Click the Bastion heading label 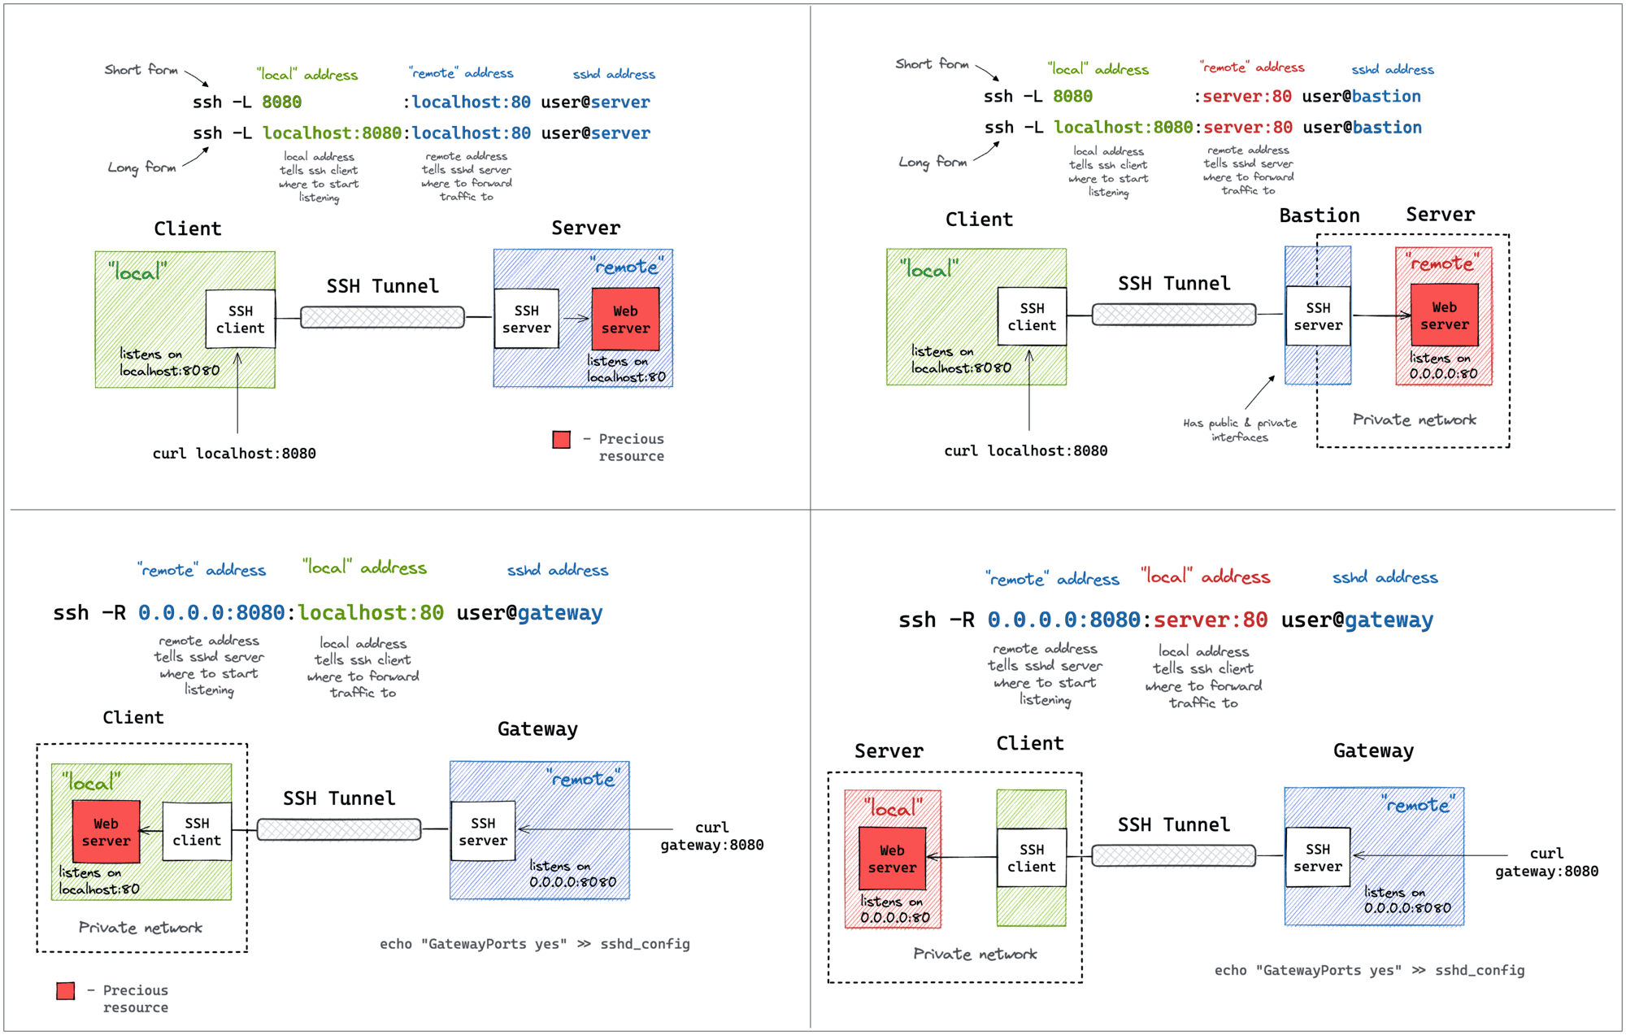click(1319, 215)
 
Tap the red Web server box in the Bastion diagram click(1444, 315)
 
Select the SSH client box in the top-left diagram click(240, 319)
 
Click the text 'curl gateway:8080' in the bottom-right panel click(1546, 862)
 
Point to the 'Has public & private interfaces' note click(1239, 429)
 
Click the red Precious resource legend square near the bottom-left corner click(66, 990)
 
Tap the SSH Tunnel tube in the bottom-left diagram click(339, 829)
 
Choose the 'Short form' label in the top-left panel click(141, 70)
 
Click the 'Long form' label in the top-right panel click(933, 162)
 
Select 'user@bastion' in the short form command click(1361, 97)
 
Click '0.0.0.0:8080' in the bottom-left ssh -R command click(211, 613)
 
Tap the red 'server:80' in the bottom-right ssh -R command click(1210, 620)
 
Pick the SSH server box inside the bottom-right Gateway click(1317, 857)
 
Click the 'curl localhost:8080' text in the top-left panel click(234, 454)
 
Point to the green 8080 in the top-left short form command click(281, 102)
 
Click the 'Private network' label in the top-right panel click(1414, 420)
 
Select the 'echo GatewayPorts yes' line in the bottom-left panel click(534, 944)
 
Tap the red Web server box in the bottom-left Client click(106, 832)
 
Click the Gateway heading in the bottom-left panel click(537, 729)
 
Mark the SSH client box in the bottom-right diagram click(1031, 858)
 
